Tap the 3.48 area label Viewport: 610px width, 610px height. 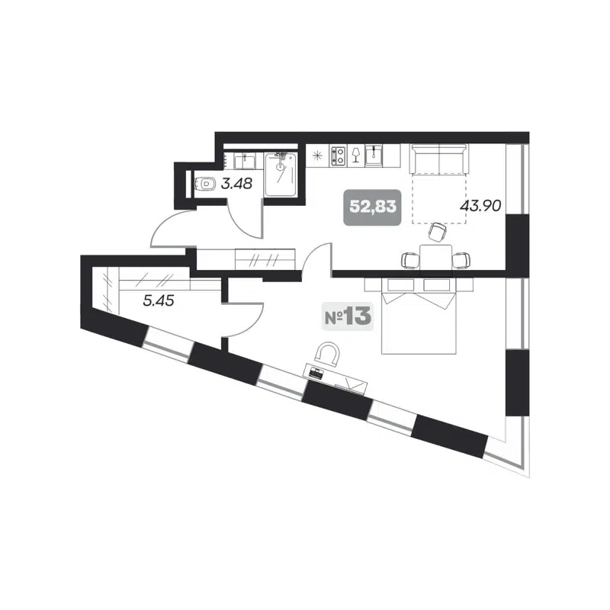(237, 183)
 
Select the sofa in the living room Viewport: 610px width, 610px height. (438, 159)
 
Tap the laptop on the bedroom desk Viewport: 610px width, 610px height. (316, 372)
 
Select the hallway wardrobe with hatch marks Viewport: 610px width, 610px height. (264, 258)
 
